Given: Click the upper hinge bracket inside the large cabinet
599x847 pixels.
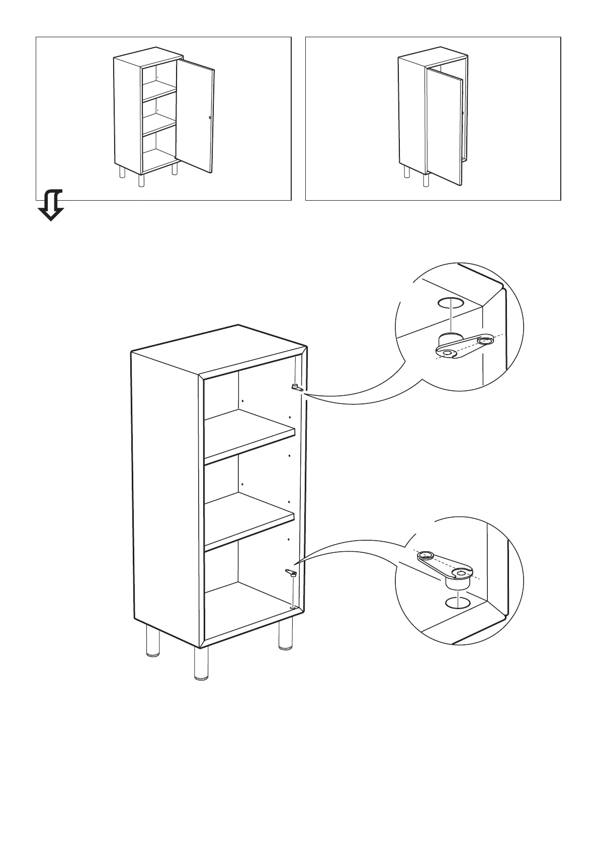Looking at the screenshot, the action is click(x=295, y=387).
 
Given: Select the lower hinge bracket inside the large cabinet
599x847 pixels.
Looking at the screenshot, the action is click(x=291, y=572).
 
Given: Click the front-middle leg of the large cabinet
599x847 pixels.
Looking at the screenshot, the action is click(x=201, y=664).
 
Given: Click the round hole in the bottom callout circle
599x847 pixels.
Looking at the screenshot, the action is click(x=457, y=602).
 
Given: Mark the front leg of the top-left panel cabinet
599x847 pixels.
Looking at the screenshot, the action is click(x=141, y=180).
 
